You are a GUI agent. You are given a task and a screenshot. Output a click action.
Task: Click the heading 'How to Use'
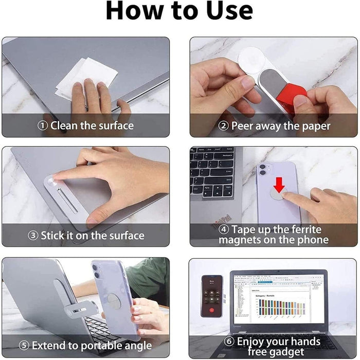tap(179, 11)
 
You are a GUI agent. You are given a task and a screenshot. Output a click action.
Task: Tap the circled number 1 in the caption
tap(43, 125)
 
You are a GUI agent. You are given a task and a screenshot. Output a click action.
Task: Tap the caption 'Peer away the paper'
tap(280, 125)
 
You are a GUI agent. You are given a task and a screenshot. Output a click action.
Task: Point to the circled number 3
tap(33, 236)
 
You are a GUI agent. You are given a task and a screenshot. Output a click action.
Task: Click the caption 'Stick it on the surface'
tap(92, 236)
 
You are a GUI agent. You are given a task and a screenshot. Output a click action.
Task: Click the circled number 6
tap(229, 341)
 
